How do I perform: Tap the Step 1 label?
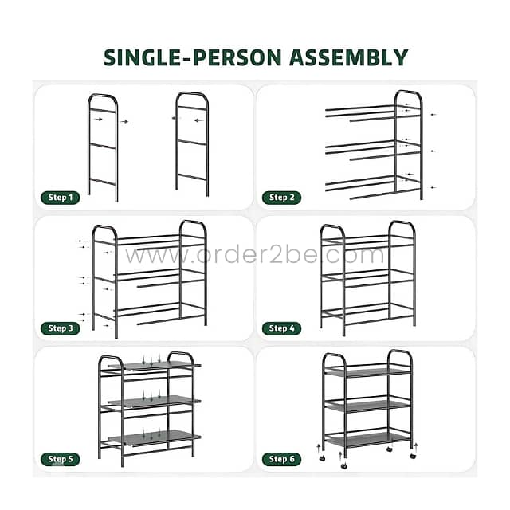coord(61,198)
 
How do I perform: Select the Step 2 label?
coord(282,198)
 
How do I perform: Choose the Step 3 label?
coord(61,328)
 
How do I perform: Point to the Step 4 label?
coord(282,328)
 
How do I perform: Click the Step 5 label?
coord(61,458)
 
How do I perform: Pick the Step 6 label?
coord(282,458)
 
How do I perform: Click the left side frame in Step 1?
coord(103,147)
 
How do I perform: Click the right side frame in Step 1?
coord(193,143)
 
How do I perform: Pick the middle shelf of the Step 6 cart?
coord(367,406)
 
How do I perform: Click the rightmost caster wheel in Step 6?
coord(413,456)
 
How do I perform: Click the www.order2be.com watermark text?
coord(255,256)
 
